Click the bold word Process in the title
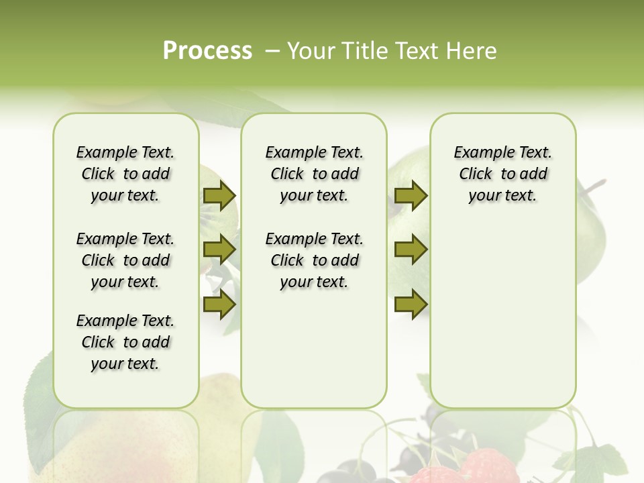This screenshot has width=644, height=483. [x=207, y=50]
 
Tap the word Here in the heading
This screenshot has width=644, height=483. [x=472, y=51]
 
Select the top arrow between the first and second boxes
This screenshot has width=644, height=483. [x=219, y=195]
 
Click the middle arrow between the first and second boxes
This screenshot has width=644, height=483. [x=219, y=250]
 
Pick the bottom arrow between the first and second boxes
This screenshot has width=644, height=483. [x=219, y=305]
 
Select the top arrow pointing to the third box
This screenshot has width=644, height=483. [x=411, y=195]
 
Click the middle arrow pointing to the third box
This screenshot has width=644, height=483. [x=411, y=250]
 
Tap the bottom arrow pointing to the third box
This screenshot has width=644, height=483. [x=411, y=305]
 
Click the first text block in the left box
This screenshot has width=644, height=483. [x=125, y=174]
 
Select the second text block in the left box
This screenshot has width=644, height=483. [x=125, y=260]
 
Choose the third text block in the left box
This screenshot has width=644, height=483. [x=125, y=342]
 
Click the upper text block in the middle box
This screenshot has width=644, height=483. [x=314, y=174]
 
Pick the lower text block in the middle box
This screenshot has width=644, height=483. [x=314, y=260]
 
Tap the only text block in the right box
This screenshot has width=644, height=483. [x=502, y=174]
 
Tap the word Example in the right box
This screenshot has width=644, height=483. [x=478, y=152]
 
